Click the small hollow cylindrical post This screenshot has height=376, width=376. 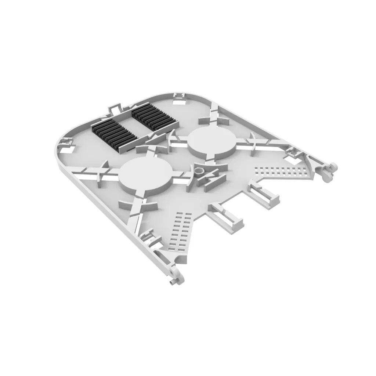coord(200,171)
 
